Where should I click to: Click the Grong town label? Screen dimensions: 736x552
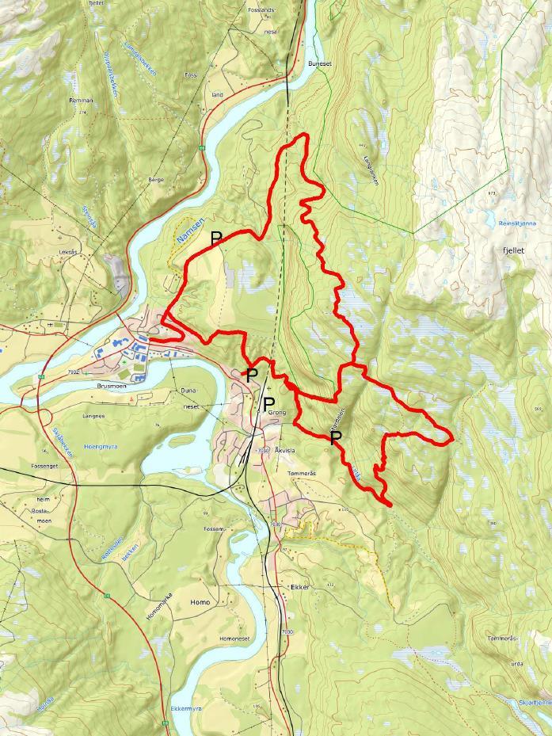tap(276, 413)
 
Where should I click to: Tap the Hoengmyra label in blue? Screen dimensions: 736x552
tap(100, 447)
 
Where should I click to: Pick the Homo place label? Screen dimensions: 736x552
tap(200, 603)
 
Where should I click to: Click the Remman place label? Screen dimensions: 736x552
tap(82, 101)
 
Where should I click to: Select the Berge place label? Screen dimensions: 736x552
tap(155, 180)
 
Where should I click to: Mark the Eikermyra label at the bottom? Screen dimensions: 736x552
tap(186, 708)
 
